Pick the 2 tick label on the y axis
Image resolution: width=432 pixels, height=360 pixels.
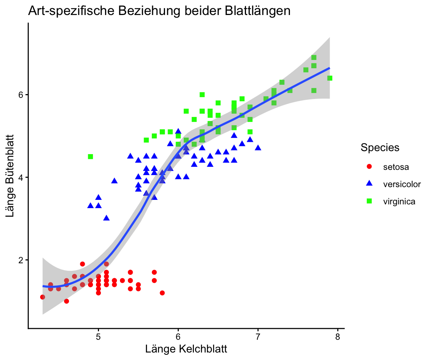(21, 260)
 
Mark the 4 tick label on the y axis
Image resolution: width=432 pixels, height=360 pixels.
(21, 177)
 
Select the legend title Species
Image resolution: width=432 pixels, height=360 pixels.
(379, 148)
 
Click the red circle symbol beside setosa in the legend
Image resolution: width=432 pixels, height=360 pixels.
(369, 166)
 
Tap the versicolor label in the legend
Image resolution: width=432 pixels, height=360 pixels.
(402, 184)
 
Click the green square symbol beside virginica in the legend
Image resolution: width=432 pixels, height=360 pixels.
(369, 201)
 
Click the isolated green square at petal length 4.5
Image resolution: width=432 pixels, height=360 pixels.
(90, 156)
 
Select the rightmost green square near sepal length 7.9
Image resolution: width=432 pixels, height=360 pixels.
(330, 78)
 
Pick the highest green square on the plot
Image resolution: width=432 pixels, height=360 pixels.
(314, 57)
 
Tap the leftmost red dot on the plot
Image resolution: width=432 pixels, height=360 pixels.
(42, 297)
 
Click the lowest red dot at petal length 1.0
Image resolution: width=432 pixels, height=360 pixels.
(66, 301)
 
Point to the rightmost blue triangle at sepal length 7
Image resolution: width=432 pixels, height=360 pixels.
(258, 148)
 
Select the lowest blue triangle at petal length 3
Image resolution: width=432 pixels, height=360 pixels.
(106, 218)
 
